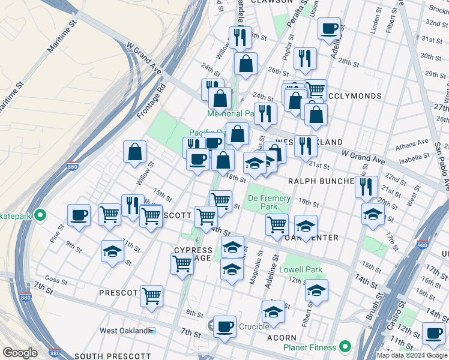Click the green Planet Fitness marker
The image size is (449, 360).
pyautogui.click(x=345, y=346)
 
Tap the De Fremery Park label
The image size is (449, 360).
pyautogui.click(x=269, y=203)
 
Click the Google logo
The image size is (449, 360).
pyautogui.click(x=20, y=353)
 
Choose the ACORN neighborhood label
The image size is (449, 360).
pyautogui.click(x=282, y=338)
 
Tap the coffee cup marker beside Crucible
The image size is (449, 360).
pyautogui.click(x=224, y=328)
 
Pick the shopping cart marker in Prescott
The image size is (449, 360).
pyautogui.click(x=151, y=295)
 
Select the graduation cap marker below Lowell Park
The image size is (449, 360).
pyautogui.click(x=316, y=290)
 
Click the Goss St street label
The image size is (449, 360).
pyautogui.click(x=55, y=280)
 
